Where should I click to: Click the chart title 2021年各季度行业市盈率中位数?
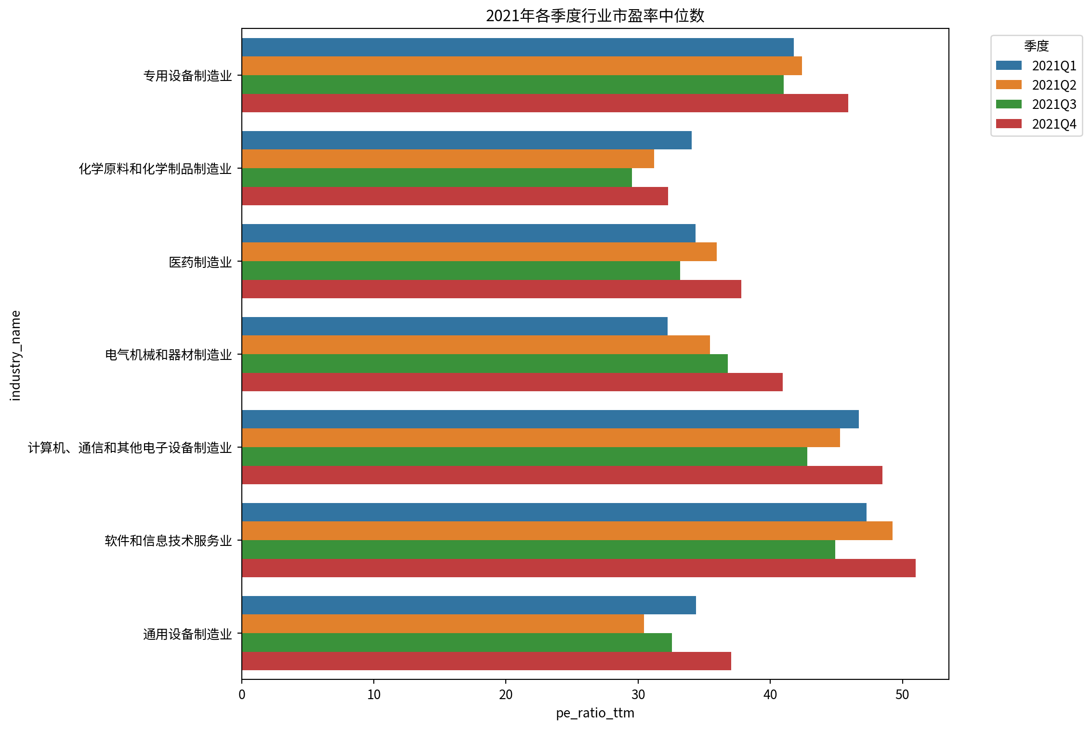point(595,16)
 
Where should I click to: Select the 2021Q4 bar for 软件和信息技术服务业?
point(578,568)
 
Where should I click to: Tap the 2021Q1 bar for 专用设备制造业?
point(518,47)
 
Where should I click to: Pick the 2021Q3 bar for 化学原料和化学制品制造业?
point(437,177)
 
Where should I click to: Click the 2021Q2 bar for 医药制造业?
point(479,252)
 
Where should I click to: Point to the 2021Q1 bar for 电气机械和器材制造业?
point(455,326)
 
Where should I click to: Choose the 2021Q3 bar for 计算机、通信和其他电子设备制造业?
point(525,456)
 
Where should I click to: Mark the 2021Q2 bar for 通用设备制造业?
point(443,624)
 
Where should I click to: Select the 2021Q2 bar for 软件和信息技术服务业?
point(567,531)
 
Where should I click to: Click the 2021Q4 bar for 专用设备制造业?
point(545,103)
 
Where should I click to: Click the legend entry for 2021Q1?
point(1036,66)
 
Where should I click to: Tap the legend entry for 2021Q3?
point(1036,105)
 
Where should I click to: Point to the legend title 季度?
point(1037,46)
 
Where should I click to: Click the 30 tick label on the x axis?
point(638,694)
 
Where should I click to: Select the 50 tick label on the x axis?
point(902,694)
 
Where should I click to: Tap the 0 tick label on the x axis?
point(242,694)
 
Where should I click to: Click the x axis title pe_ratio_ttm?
point(595,713)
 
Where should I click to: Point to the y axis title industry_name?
point(15,356)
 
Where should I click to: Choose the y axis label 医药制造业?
point(200,262)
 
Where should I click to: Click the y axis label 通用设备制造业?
point(188,634)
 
